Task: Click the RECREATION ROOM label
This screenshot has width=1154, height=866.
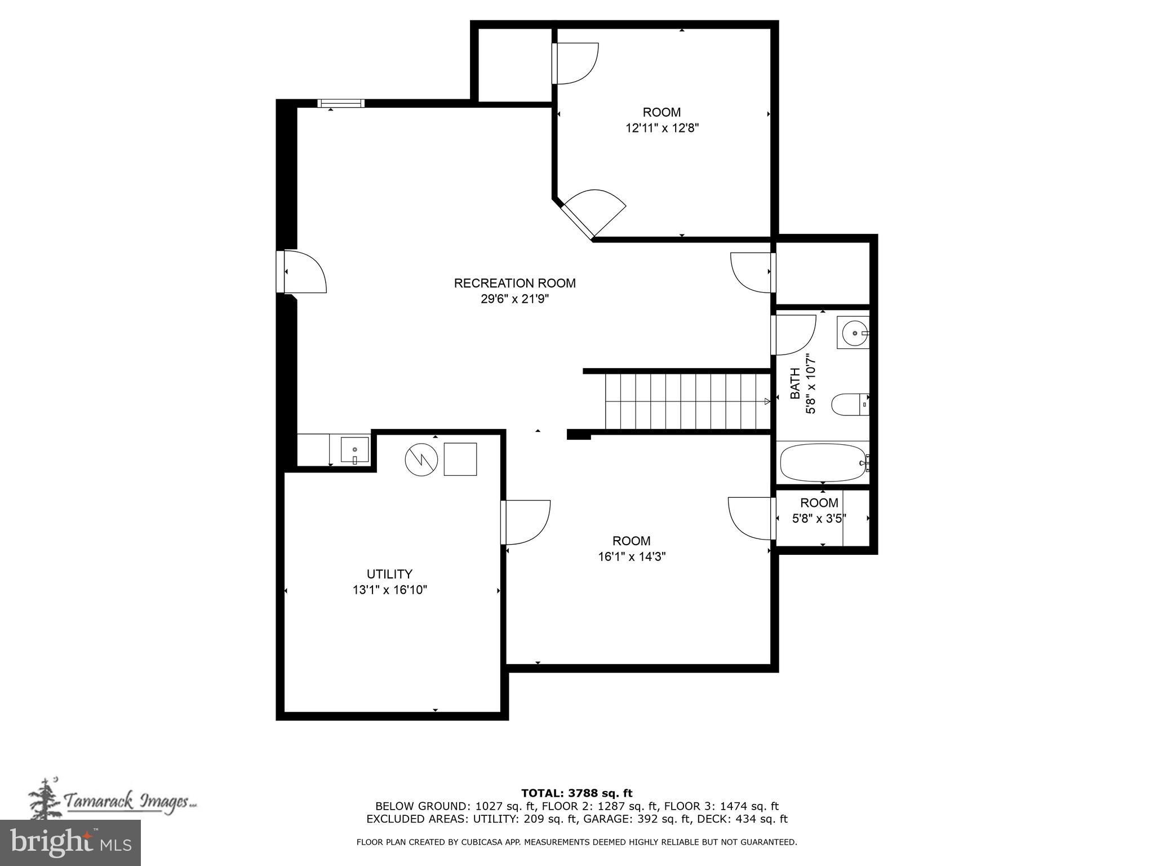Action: coord(514,283)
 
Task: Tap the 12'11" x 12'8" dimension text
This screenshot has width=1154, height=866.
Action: coord(662,128)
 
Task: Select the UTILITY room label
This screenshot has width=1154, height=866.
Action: coord(389,574)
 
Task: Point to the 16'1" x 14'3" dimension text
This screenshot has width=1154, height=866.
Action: coord(632,556)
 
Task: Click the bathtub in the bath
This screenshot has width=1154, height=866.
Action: coord(823,463)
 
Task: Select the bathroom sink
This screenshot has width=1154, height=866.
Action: coord(853,333)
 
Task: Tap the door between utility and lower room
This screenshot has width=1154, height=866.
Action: coord(524,522)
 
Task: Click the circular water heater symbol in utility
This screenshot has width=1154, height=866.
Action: coord(421,459)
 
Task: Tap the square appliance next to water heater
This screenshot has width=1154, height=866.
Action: coord(460,459)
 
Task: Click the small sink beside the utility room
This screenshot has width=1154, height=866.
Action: coord(354,450)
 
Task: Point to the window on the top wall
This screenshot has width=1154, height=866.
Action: coord(340,103)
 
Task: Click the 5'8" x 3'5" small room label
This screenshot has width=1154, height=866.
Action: coord(819,518)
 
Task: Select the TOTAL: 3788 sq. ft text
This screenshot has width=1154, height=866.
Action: coord(576,793)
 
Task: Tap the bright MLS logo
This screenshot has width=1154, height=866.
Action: coord(70,843)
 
